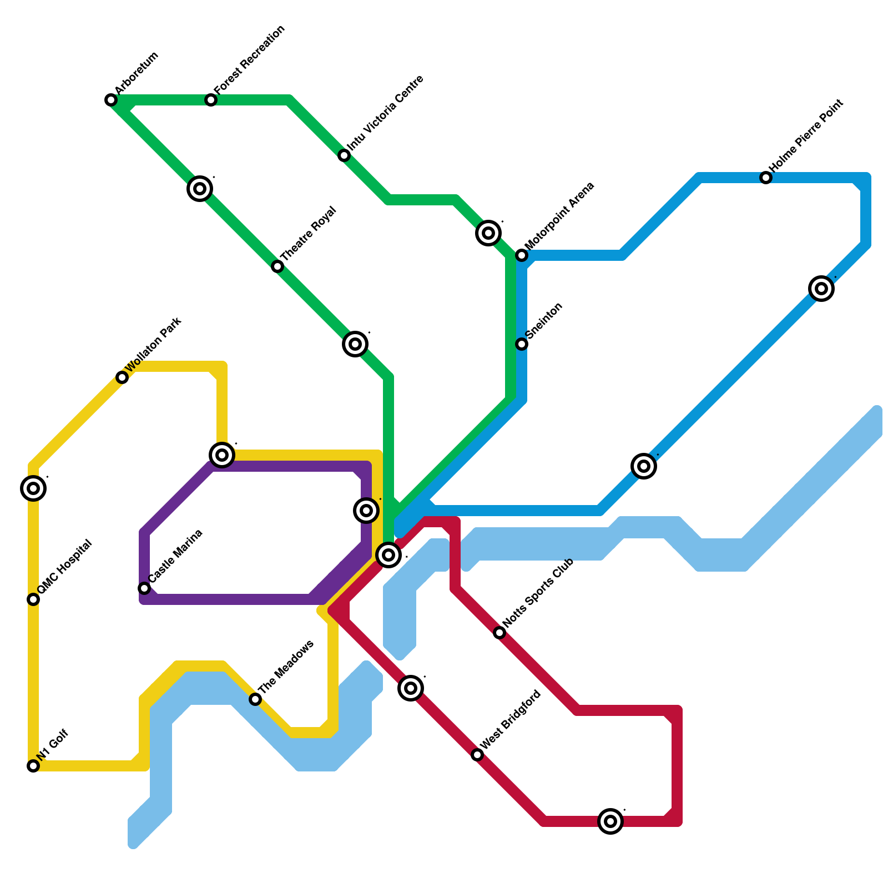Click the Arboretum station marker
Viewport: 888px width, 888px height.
point(111,100)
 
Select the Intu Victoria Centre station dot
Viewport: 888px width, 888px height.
point(344,155)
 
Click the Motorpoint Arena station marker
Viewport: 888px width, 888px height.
point(522,255)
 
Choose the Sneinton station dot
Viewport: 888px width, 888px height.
point(522,344)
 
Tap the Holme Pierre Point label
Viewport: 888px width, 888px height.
point(806,135)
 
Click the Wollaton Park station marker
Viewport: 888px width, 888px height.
point(122,377)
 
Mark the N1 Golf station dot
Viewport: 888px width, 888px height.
point(33,766)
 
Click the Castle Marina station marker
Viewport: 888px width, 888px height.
point(144,588)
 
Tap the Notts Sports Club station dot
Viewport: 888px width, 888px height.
point(500,633)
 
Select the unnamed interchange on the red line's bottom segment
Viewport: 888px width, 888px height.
point(610,821)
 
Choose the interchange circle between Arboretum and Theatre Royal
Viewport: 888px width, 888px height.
point(200,189)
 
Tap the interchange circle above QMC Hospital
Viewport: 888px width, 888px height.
point(33,488)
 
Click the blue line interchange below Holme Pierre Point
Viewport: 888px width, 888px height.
point(821,289)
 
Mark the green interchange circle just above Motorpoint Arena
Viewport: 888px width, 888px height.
point(488,233)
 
